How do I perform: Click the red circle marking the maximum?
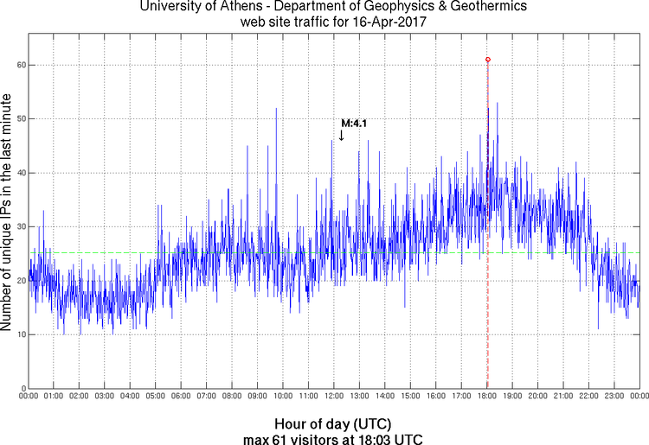point(488,60)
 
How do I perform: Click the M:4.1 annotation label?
point(353,124)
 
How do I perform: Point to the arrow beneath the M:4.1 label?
point(342,136)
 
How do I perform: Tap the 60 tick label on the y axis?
point(18,65)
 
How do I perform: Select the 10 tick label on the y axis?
point(18,334)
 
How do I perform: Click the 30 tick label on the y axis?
point(18,226)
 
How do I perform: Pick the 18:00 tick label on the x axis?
point(487,396)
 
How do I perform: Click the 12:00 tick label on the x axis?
point(334,396)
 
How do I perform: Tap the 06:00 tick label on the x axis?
point(181,396)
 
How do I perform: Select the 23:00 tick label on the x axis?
point(614,396)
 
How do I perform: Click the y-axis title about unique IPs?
point(8,212)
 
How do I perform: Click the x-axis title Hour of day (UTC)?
point(333,423)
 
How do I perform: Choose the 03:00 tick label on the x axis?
point(104,396)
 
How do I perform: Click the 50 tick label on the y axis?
point(18,118)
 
